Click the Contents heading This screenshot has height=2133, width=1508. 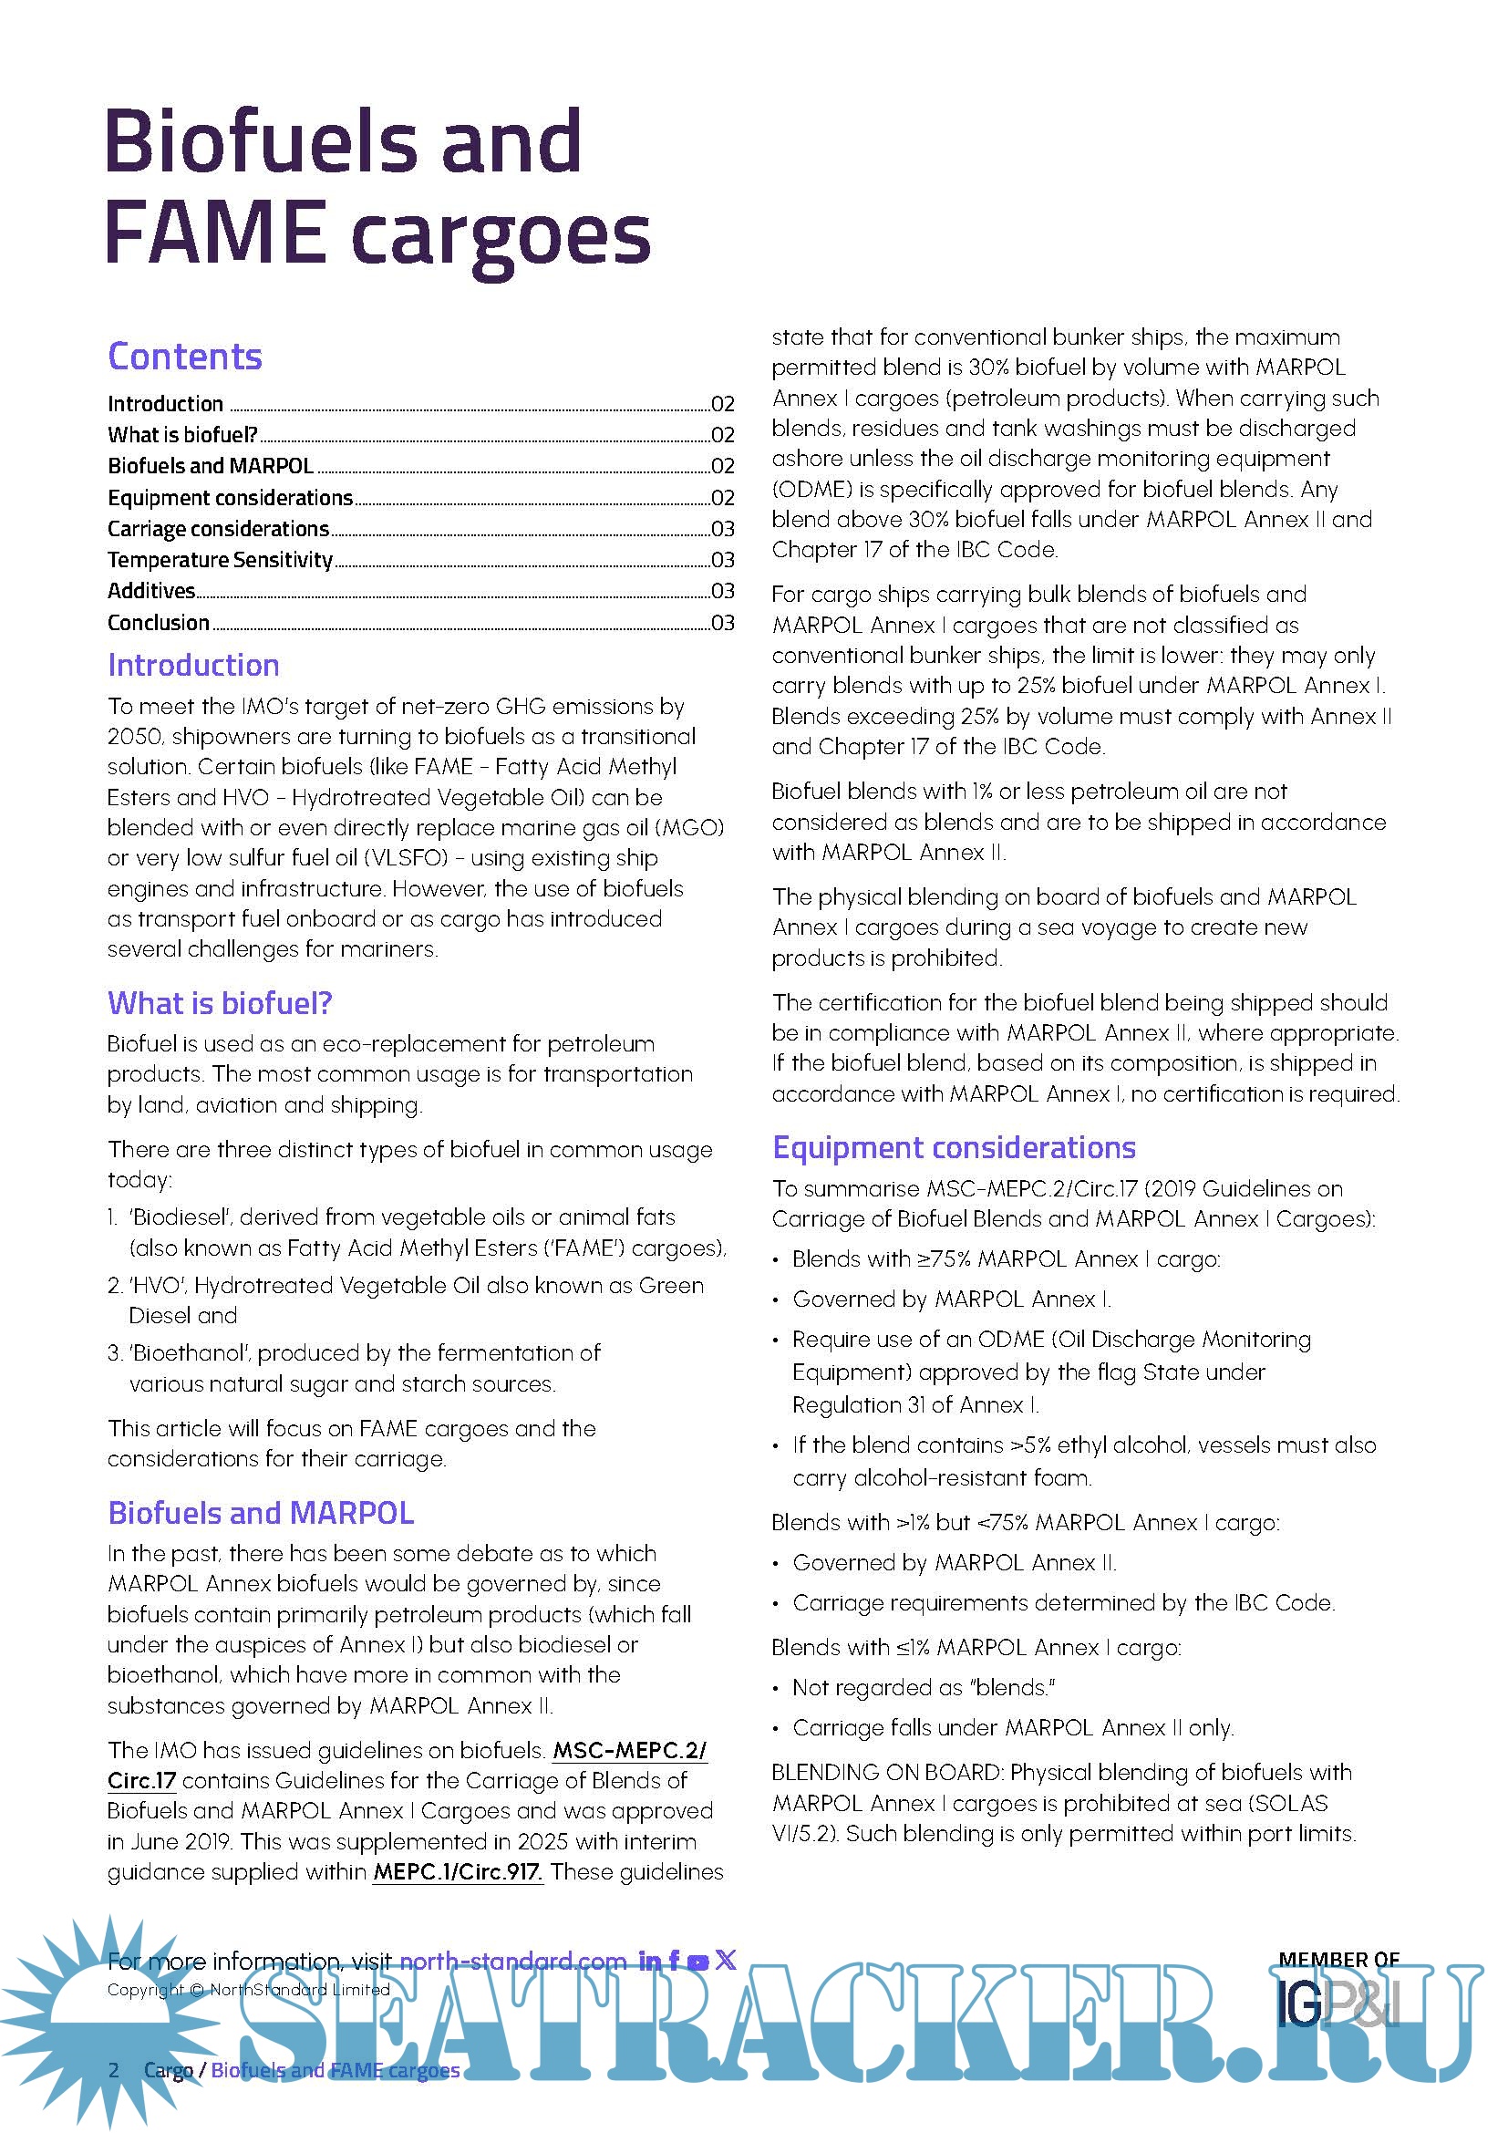185,357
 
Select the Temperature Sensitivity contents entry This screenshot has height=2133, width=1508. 220,559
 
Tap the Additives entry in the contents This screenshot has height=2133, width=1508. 151,591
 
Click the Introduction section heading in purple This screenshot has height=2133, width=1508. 193,665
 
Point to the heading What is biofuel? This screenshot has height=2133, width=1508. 219,1003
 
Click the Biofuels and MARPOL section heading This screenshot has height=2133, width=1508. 261,1514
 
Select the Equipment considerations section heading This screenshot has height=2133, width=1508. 954,1148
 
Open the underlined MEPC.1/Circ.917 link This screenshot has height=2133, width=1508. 458,1872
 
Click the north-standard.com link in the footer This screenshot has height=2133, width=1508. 512,1962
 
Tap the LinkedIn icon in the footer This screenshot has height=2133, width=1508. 650,1962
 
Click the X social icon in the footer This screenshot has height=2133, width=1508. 726,1961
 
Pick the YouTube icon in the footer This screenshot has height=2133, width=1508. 698,1962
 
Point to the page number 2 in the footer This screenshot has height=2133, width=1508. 114,2070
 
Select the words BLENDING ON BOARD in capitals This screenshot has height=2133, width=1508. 886,1773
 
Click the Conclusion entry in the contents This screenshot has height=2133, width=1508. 159,623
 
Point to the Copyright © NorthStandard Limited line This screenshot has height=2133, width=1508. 248,1989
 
